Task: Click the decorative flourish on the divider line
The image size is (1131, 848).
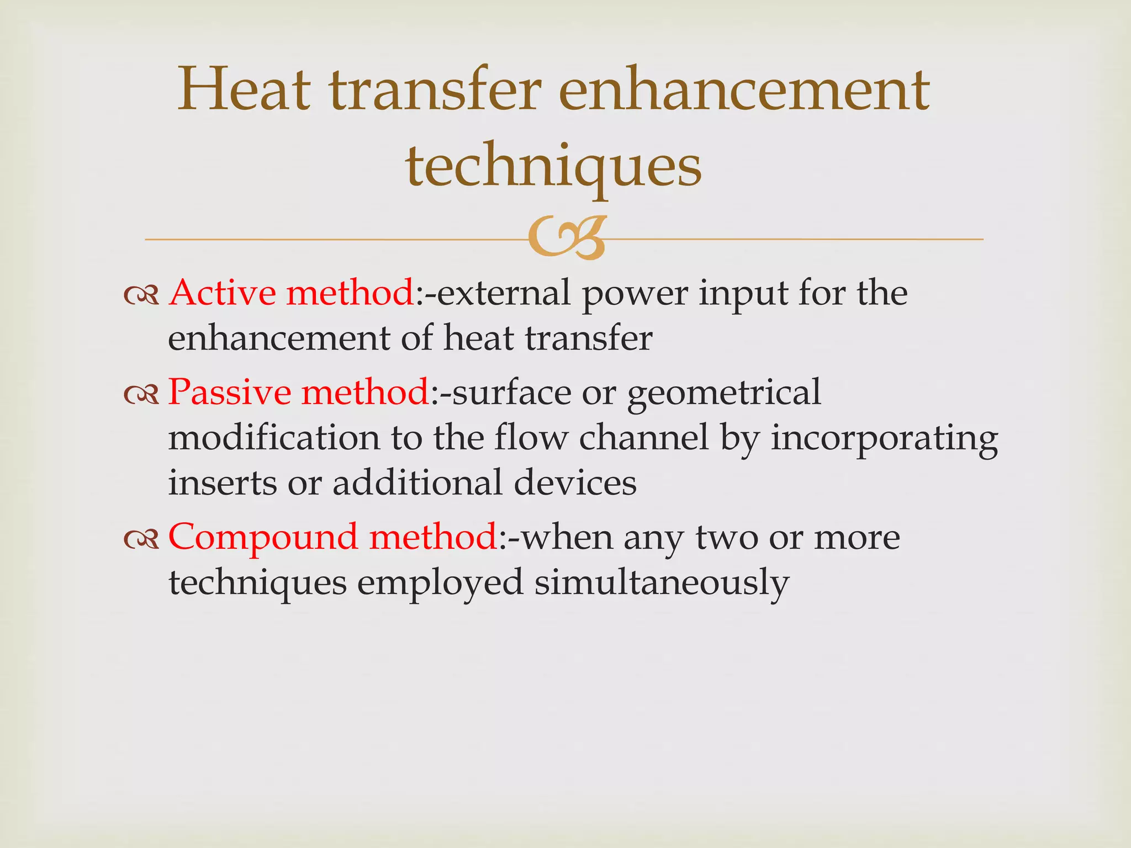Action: point(566,239)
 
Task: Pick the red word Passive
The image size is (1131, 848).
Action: point(230,392)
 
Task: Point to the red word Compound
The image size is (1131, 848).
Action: point(263,537)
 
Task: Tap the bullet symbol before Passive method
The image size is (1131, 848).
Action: point(141,395)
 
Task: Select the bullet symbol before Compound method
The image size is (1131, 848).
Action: point(141,539)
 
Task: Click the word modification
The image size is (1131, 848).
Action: point(274,438)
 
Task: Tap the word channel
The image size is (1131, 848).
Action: point(643,438)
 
